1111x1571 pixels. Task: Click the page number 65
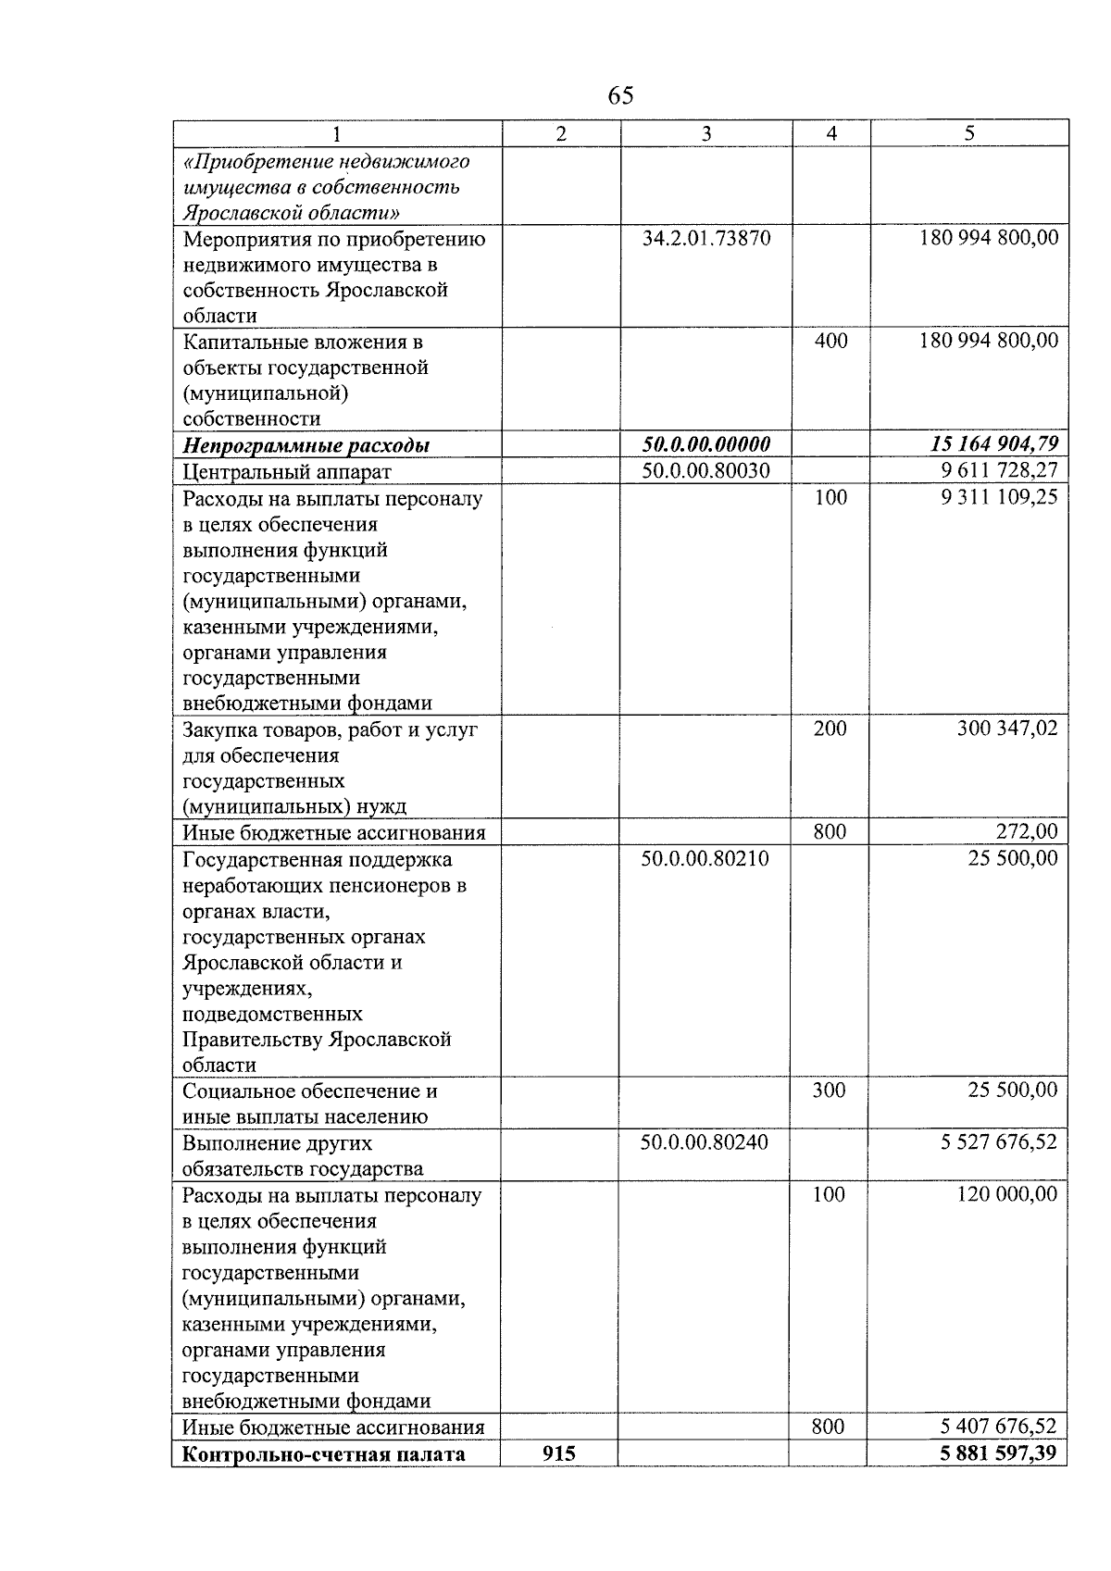[x=620, y=95]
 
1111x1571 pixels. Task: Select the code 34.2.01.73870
[x=705, y=238]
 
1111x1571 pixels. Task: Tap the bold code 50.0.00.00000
[x=705, y=445]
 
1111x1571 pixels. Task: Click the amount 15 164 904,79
[x=993, y=445]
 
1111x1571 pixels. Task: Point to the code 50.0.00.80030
[x=705, y=471]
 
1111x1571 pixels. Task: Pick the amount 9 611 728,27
[x=998, y=471]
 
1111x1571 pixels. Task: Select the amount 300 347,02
[x=1006, y=729]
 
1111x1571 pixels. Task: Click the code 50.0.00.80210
[x=705, y=858]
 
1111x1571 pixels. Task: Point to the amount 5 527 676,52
[x=998, y=1141]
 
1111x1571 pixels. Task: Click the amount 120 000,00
[x=1006, y=1194]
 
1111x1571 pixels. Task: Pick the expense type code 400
[x=830, y=341]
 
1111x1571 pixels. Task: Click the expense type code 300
[x=829, y=1090]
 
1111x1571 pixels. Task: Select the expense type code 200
[x=830, y=729]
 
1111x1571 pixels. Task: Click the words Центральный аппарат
[x=287, y=472]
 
